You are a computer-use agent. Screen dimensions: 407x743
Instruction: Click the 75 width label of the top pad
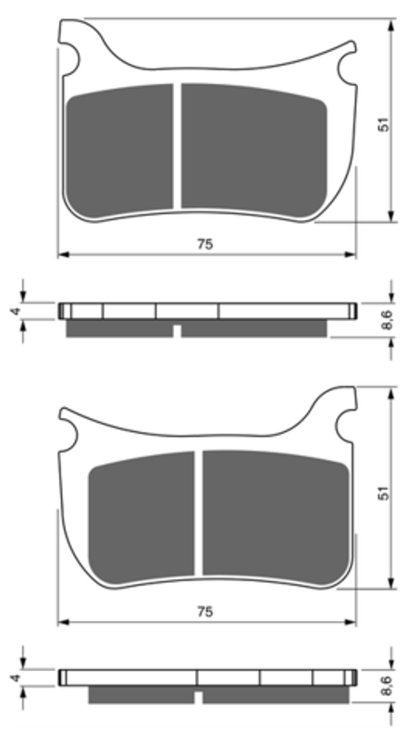click(205, 244)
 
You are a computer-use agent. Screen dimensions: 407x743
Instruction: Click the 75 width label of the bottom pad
click(205, 612)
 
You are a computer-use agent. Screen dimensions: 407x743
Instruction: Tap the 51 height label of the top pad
click(384, 125)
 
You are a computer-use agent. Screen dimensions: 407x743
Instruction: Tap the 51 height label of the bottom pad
click(384, 492)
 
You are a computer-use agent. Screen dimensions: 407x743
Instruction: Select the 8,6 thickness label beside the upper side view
click(387, 319)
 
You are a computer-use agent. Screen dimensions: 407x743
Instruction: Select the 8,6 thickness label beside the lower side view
click(387, 686)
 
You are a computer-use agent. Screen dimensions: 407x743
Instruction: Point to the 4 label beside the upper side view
click(16, 311)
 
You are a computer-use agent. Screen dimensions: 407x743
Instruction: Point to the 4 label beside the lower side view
click(16, 678)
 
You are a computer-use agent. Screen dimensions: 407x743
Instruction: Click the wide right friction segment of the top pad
click(254, 148)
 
